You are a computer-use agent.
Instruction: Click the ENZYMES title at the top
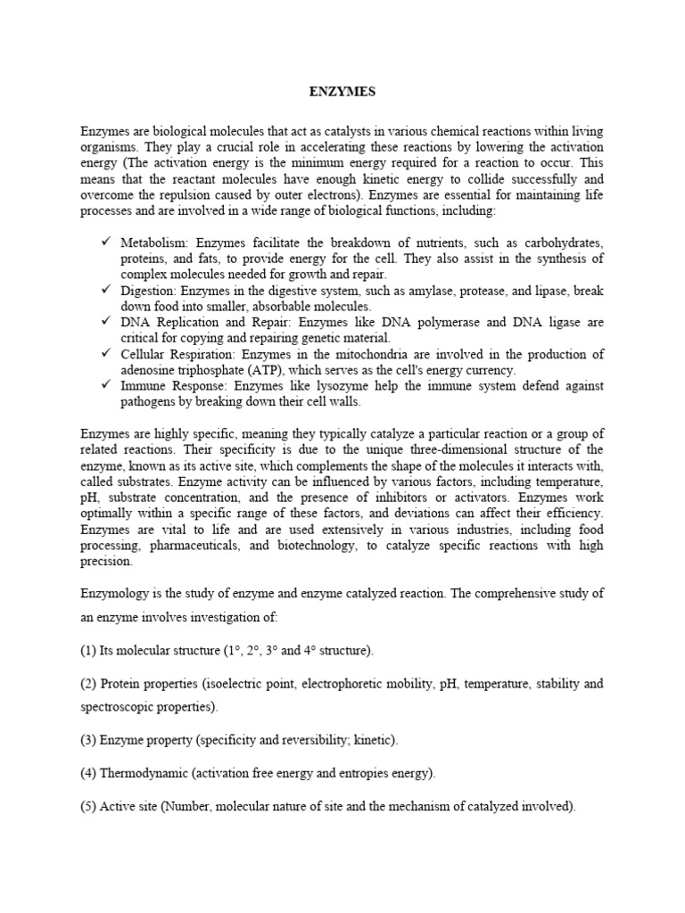pyautogui.click(x=342, y=91)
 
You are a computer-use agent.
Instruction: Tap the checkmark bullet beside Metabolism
pyautogui.click(x=105, y=243)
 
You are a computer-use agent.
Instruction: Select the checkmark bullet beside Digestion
pyautogui.click(x=105, y=290)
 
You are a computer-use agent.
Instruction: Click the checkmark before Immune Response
pyautogui.click(x=105, y=385)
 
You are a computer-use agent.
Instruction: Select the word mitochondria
pyautogui.click(x=332, y=354)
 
